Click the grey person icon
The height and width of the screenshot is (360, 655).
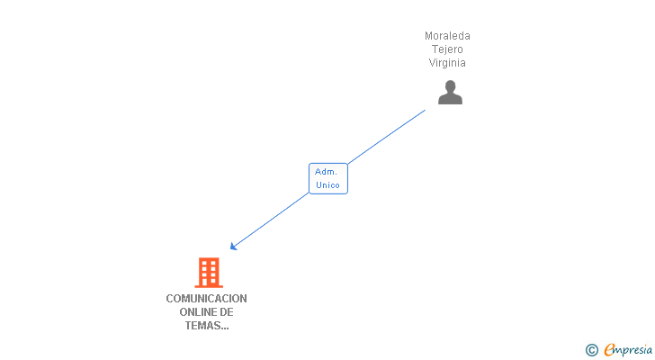click(x=450, y=93)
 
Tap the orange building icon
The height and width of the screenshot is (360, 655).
click(x=209, y=272)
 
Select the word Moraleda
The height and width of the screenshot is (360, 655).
click(x=447, y=36)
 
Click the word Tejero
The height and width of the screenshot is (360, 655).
click(x=447, y=49)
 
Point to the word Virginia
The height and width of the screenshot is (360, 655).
click(x=447, y=63)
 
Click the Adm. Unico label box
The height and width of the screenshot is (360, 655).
click(x=327, y=178)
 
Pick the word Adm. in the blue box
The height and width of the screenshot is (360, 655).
click(x=326, y=171)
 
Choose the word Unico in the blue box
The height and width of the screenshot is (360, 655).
click(x=327, y=185)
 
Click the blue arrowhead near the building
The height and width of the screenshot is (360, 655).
click(x=233, y=246)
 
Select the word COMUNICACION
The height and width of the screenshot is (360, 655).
click(x=206, y=299)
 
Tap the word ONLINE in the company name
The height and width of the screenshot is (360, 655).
click(x=193, y=312)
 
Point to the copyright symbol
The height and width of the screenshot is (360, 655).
click(x=591, y=350)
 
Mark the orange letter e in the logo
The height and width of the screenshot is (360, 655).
click(x=609, y=350)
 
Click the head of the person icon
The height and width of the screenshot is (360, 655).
click(x=450, y=86)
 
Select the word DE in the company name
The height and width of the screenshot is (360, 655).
click(x=227, y=312)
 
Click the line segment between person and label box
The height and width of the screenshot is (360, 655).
click(x=387, y=137)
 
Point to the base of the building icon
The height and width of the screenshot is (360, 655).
click(x=209, y=284)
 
